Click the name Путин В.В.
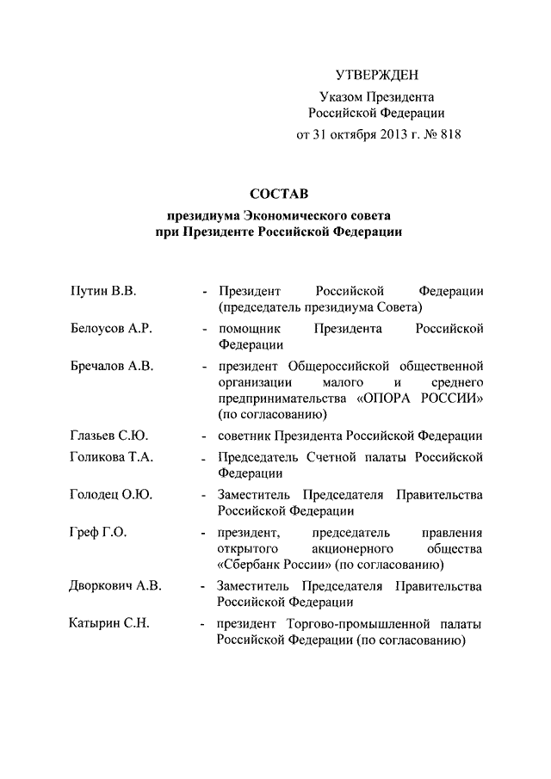click(103, 291)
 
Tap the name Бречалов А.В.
click(111, 367)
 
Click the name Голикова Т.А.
click(111, 457)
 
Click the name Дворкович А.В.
click(115, 586)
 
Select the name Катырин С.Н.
click(109, 624)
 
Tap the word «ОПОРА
click(385, 399)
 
